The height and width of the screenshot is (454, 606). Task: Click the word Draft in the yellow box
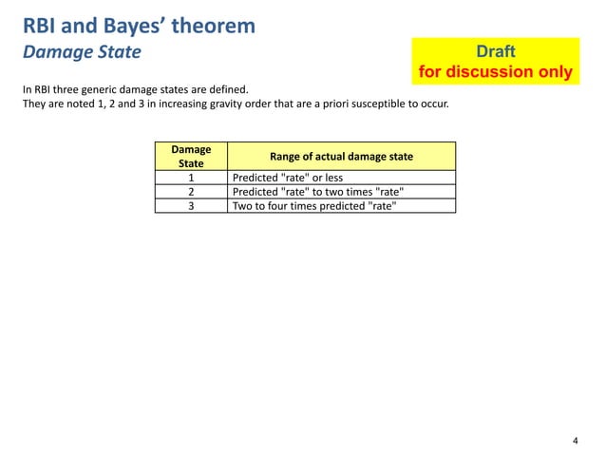pos(495,52)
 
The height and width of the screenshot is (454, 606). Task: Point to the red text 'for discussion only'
pos(495,72)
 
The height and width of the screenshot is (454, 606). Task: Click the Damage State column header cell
pos(191,156)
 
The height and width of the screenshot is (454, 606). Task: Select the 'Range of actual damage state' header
pos(341,156)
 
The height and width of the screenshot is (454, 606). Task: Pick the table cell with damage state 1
pos(191,177)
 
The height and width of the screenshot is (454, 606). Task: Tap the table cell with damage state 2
pos(191,191)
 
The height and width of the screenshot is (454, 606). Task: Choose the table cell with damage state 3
pos(191,205)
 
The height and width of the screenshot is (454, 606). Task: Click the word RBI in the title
pos(40,26)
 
